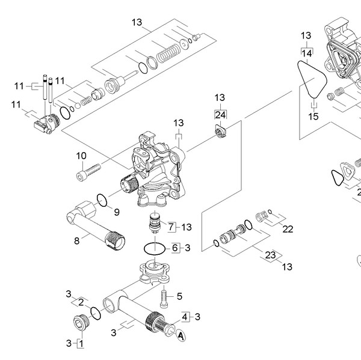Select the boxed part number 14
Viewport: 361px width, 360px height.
[307, 53]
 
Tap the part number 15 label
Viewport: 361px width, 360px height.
[313, 116]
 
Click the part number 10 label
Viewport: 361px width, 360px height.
[81, 156]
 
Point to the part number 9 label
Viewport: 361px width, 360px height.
[116, 212]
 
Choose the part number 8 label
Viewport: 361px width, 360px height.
[76, 242]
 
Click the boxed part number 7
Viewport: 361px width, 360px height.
[170, 227]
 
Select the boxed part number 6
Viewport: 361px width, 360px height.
[176, 247]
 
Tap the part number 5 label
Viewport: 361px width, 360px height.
[179, 296]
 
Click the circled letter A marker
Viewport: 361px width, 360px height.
[181, 338]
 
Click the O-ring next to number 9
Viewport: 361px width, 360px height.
[103, 200]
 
